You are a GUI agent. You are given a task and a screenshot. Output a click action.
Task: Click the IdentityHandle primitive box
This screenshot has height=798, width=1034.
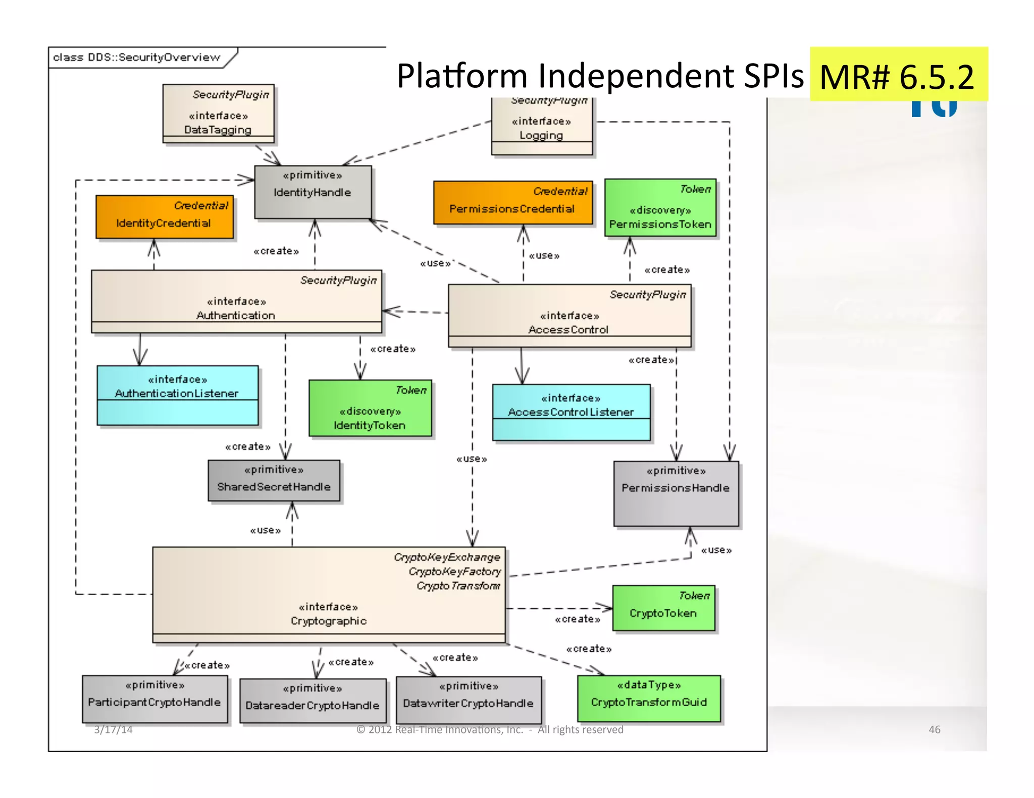(x=313, y=192)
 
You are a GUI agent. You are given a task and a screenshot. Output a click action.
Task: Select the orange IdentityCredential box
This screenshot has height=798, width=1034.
(x=165, y=217)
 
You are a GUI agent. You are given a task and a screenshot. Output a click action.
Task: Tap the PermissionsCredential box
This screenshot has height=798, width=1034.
(x=512, y=203)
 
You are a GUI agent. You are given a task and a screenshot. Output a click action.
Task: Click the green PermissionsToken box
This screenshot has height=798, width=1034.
(x=660, y=208)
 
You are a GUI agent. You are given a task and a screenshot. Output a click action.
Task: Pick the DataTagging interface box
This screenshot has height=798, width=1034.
(x=218, y=114)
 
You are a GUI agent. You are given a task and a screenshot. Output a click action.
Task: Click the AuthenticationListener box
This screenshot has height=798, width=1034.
(x=177, y=396)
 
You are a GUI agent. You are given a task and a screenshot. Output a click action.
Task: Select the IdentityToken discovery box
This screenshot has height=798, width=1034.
(x=370, y=408)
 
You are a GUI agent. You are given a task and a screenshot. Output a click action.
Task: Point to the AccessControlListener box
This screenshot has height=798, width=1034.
(x=571, y=413)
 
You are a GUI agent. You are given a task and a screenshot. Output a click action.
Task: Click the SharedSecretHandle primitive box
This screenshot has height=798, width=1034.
(x=274, y=481)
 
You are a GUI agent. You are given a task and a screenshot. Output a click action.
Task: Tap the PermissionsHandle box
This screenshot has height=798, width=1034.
(x=676, y=494)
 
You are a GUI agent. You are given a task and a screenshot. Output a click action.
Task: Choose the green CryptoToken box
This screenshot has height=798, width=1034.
(x=663, y=608)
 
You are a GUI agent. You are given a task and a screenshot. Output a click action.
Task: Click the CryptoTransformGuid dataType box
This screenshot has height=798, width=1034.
(x=649, y=699)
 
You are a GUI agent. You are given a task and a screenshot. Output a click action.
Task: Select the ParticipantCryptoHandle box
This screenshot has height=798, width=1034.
(x=154, y=699)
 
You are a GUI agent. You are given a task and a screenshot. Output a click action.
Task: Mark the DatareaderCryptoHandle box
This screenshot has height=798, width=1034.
(x=313, y=701)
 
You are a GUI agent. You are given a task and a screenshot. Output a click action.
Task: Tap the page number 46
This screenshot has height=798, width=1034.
(x=934, y=729)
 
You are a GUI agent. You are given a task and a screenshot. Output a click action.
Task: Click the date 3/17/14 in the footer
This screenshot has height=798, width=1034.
(x=113, y=729)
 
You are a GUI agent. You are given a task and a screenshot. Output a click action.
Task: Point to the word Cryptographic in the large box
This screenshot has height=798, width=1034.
(x=329, y=621)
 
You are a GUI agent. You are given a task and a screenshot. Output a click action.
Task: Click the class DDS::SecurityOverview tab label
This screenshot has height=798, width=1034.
(x=137, y=57)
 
